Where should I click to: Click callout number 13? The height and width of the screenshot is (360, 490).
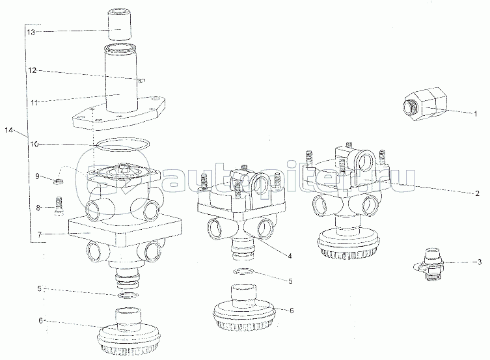(31, 31)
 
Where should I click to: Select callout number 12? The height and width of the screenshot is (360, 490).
(32, 70)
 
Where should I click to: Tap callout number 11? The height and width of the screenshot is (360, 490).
(34, 102)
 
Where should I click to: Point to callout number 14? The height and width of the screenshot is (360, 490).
(8, 130)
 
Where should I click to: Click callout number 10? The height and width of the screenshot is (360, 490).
(34, 144)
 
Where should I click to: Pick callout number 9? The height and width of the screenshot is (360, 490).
(37, 176)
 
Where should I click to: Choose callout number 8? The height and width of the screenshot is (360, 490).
(38, 208)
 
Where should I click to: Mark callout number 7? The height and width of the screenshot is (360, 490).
(40, 234)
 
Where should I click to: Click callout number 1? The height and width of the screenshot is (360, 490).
(476, 114)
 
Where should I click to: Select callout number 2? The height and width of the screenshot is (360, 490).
(477, 193)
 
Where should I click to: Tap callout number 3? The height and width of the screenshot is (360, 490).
(480, 262)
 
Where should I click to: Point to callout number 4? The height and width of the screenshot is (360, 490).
(290, 256)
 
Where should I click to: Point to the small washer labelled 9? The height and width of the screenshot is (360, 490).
(58, 180)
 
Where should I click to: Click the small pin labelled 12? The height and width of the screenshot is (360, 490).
(142, 81)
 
